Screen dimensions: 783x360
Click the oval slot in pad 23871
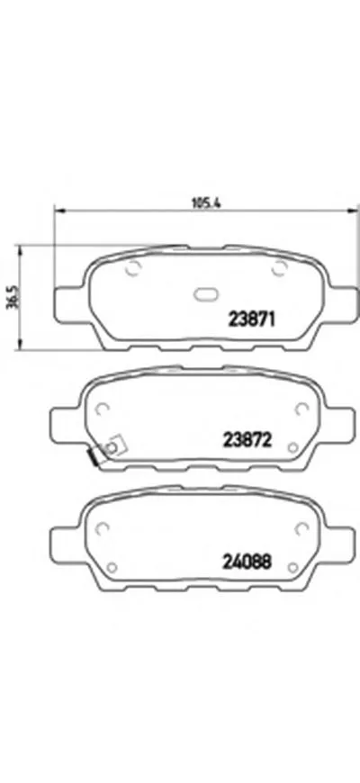(x=206, y=294)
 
